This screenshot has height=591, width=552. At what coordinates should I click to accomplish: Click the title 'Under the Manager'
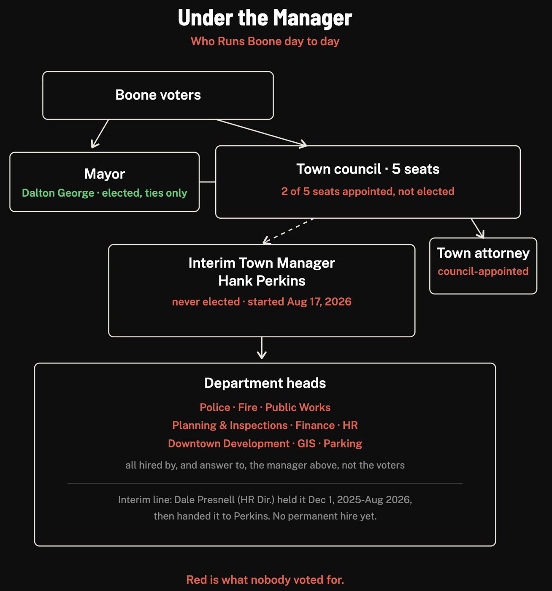pos(265,18)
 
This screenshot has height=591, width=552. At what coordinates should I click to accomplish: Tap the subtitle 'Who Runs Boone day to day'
pos(265,41)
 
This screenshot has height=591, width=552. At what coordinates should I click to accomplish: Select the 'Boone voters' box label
pos(158,95)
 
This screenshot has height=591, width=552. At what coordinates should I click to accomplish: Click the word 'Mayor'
pos(104,174)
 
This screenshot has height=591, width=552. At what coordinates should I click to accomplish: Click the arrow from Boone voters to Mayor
pos(100,134)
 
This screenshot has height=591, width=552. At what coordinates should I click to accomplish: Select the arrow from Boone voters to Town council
pos(261,133)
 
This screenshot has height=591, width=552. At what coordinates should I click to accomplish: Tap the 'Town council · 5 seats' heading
pos(368,169)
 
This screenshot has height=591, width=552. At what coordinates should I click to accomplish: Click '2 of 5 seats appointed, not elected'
pos(368,191)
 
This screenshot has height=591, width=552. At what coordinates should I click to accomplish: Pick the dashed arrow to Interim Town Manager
pos(289,231)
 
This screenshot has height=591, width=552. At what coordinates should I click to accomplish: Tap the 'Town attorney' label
pos(483,253)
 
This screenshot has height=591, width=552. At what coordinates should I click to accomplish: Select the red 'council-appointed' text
pos(483,271)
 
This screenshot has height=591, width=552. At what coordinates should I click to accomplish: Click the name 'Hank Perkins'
pos(262,281)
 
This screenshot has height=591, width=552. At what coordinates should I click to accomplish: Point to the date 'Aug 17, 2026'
pos(319,302)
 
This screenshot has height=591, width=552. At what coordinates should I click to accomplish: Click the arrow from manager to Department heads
pos(262,348)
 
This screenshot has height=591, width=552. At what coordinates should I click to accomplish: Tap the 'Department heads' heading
pos(265,383)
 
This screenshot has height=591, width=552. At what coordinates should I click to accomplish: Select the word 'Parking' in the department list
pos(343,443)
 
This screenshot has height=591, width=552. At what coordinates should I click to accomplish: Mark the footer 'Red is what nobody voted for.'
pos(265,580)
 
